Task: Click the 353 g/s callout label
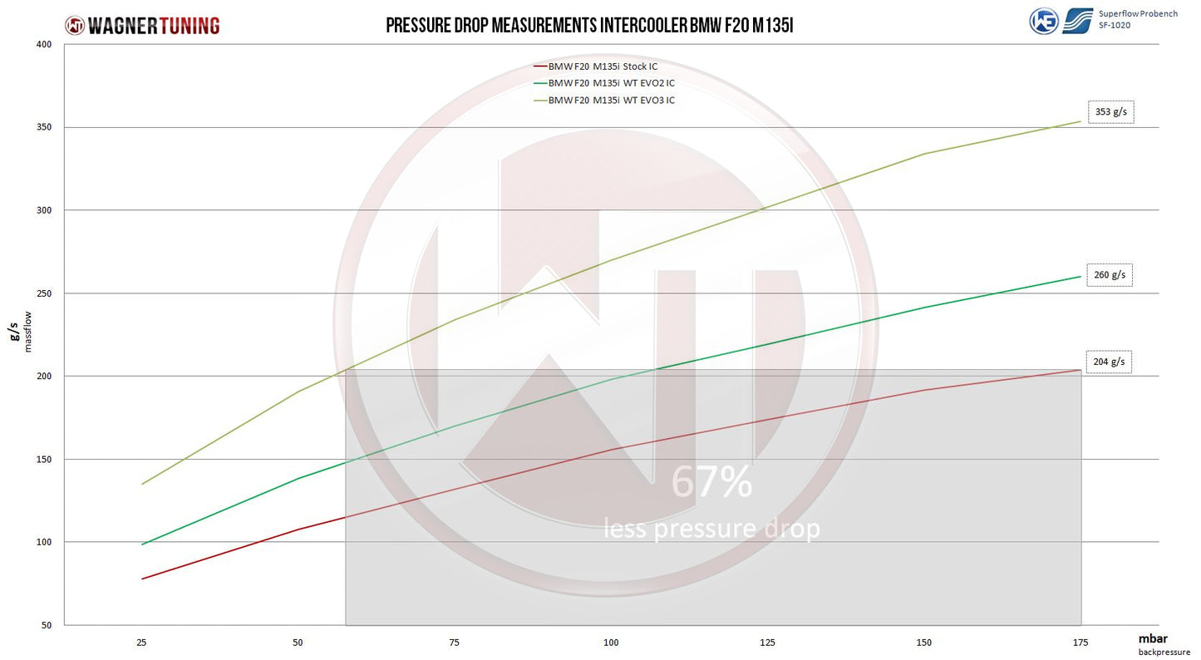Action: pyautogui.click(x=1110, y=112)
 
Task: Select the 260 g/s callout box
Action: pyautogui.click(x=1110, y=275)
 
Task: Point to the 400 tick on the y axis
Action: pyautogui.click(x=46, y=44)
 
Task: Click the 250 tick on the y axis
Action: pyautogui.click(x=46, y=293)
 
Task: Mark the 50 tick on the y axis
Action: pyautogui.click(x=47, y=625)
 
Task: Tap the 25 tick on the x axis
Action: pyautogui.click(x=141, y=643)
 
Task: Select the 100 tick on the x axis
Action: pyautogui.click(x=611, y=643)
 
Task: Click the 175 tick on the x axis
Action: pyautogui.click(x=1080, y=643)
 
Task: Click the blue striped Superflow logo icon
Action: pyautogui.click(x=1078, y=20)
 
